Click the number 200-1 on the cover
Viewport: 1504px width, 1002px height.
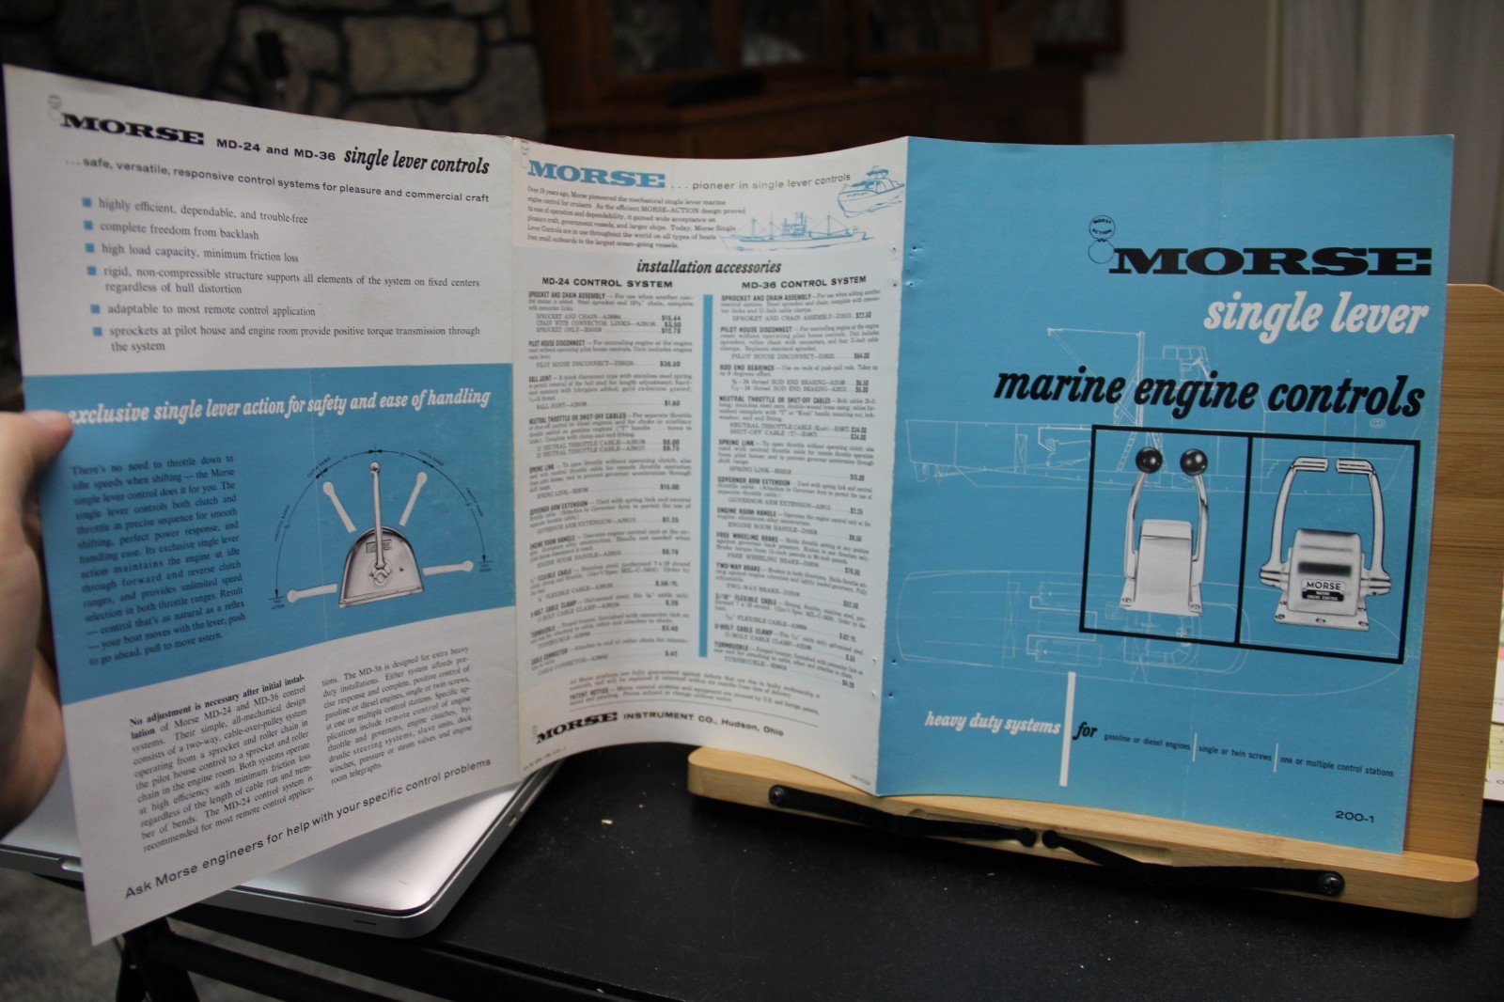point(1354,817)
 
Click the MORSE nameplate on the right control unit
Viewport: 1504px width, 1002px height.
point(1322,587)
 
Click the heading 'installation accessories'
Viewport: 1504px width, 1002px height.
point(709,267)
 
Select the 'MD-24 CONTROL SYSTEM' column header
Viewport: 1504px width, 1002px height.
point(606,283)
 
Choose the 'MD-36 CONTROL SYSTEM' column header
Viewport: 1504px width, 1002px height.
point(804,281)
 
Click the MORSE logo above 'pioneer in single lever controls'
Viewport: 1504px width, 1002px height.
point(596,175)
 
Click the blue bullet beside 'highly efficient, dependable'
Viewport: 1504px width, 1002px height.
point(86,202)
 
